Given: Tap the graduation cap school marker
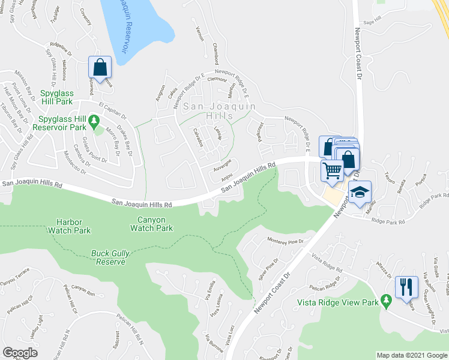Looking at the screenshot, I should (x=360, y=192).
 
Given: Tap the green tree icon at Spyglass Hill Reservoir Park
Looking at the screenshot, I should (x=94, y=122).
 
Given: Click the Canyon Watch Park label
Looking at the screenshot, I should (x=151, y=224).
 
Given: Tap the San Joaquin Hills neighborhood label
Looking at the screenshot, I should (x=218, y=110).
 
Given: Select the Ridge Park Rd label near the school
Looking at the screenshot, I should (x=388, y=221).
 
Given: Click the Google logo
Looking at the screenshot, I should (x=20, y=353).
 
